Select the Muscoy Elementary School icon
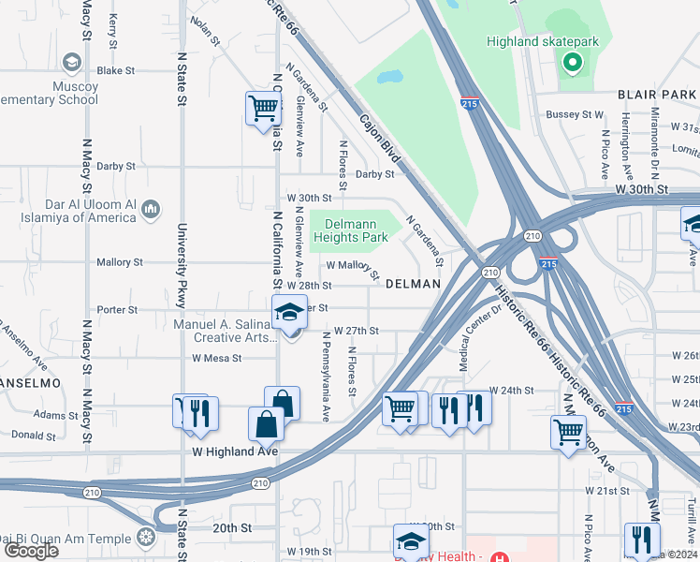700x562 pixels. click(70, 63)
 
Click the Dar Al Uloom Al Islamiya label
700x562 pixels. click(90, 211)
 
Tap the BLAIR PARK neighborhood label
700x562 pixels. click(656, 95)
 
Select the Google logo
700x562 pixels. click(31, 551)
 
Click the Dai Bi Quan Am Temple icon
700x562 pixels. click(144, 537)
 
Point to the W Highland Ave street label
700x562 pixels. click(236, 451)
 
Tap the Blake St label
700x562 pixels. click(116, 70)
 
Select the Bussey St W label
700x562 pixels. click(575, 114)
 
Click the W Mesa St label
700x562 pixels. click(216, 358)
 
